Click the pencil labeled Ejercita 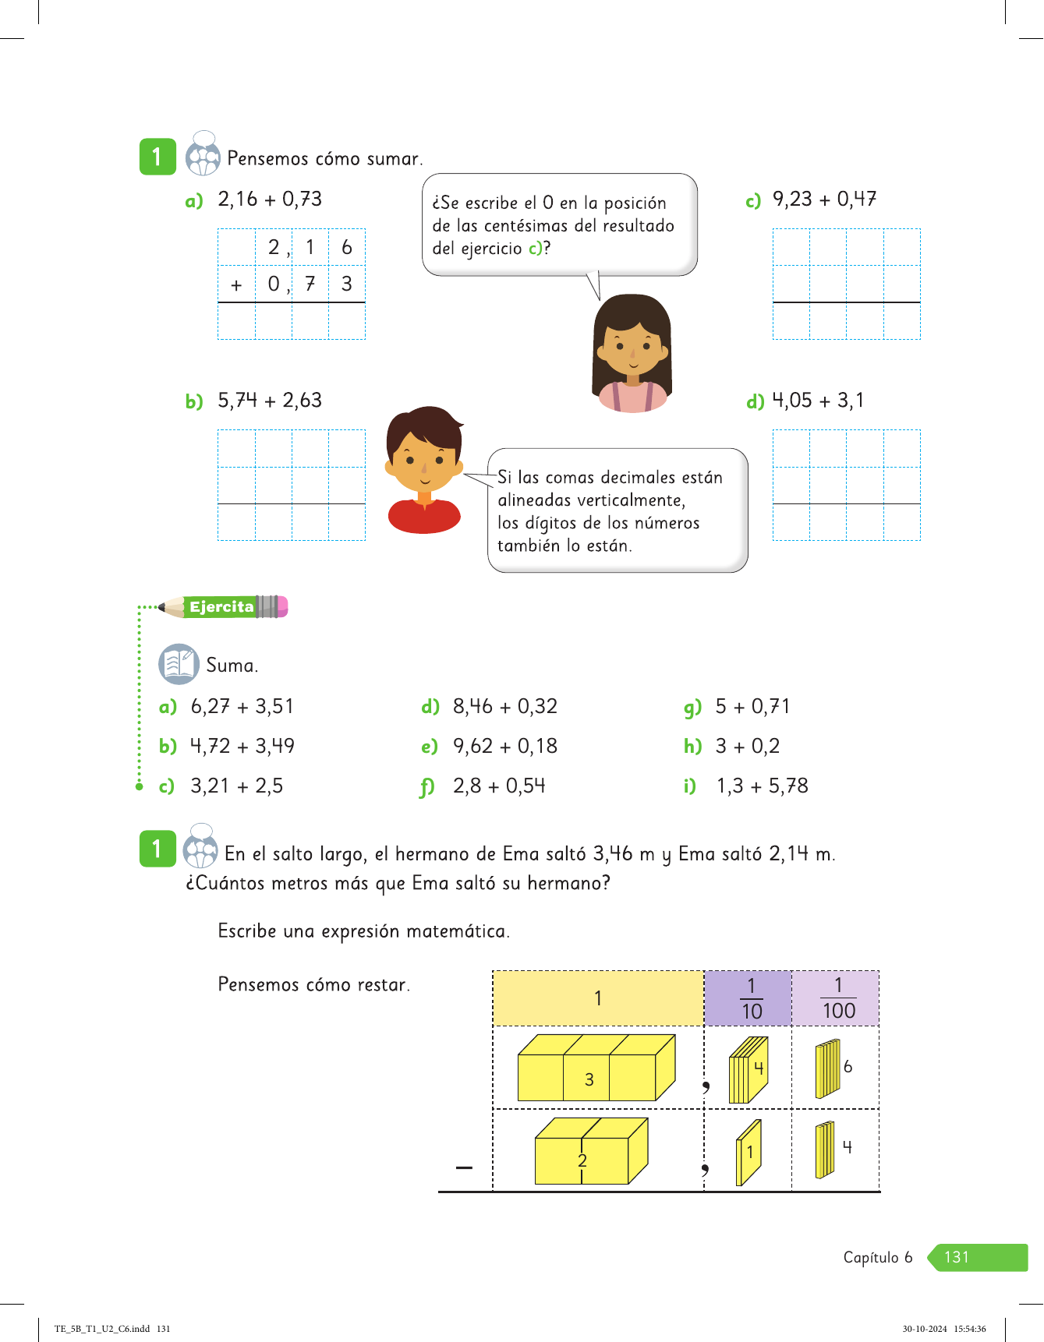[x=223, y=606]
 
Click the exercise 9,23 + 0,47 [x=823, y=200]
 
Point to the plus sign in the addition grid [x=236, y=285]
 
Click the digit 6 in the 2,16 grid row [x=347, y=248]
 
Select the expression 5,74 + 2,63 [x=269, y=401]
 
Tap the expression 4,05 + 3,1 [x=817, y=401]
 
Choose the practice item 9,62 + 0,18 [x=504, y=746]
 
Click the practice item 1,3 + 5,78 [x=762, y=786]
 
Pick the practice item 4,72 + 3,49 [x=242, y=746]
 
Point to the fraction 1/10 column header [x=751, y=998]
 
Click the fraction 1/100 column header [x=838, y=998]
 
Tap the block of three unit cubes [x=596, y=1068]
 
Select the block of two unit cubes [x=590, y=1151]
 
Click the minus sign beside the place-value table [x=464, y=1167]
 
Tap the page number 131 [x=957, y=1257]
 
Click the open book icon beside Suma [x=179, y=664]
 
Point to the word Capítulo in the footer [x=871, y=1257]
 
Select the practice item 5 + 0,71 [x=752, y=707]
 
